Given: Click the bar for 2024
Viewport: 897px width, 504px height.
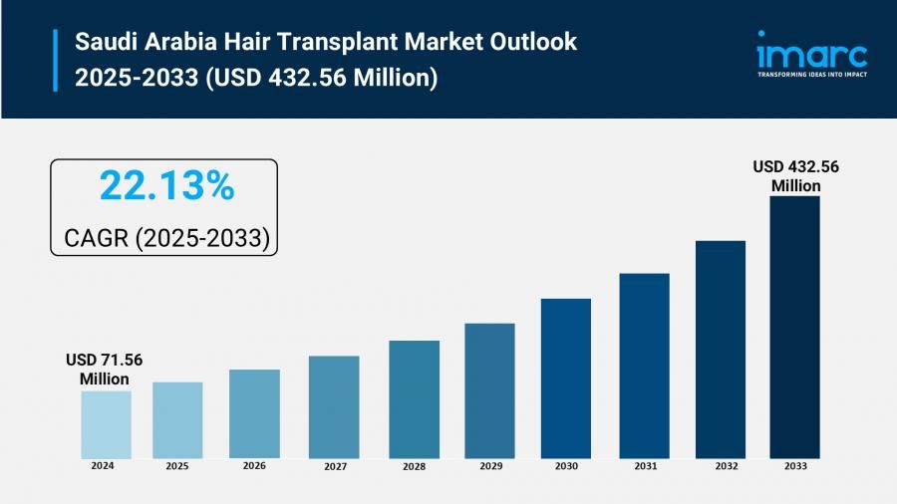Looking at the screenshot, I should (106, 423).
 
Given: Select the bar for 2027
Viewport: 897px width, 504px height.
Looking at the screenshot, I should (334, 406).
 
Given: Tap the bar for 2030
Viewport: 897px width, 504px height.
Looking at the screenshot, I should (566, 378).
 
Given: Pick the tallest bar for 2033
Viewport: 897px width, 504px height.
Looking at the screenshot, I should (794, 326).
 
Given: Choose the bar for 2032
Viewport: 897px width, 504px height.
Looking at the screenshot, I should (721, 349).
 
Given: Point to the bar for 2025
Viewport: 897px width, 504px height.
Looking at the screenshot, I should (177, 419).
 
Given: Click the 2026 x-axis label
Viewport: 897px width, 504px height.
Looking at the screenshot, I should (254, 465).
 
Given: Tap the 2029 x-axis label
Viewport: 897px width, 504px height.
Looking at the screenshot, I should (489, 465).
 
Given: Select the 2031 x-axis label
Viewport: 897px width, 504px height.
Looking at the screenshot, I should (644, 465).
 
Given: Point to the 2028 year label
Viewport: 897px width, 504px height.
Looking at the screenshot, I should (414, 465).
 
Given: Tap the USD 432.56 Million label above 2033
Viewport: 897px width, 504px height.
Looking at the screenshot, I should (795, 176).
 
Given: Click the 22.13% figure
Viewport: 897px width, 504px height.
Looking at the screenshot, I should (166, 185).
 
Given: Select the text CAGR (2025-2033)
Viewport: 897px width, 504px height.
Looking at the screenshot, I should (166, 237).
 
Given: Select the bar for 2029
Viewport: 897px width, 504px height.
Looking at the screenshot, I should (489, 389).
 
